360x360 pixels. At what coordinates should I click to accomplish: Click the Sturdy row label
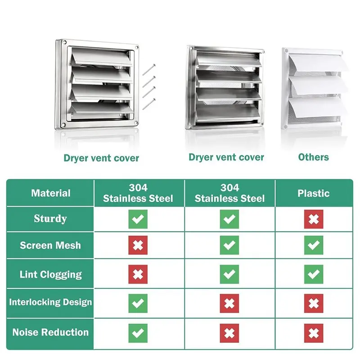[50, 218]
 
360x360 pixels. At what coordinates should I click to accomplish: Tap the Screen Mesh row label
[50, 245]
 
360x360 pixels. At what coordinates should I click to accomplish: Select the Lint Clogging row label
[50, 274]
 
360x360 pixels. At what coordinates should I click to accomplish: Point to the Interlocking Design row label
[50, 302]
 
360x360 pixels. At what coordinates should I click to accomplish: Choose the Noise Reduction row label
[50, 332]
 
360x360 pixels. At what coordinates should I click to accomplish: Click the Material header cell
[51, 193]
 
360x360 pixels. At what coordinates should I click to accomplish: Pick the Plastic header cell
[313, 193]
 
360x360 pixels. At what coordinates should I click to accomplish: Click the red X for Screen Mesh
[138, 245]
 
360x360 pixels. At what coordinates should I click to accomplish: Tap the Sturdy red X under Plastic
[314, 219]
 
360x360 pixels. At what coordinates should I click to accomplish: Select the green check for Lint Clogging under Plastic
[314, 274]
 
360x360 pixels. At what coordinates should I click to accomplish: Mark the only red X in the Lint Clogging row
[138, 274]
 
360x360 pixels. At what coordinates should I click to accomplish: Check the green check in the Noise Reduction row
[138, 333]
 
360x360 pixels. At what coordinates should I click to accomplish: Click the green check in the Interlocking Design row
[138, 303]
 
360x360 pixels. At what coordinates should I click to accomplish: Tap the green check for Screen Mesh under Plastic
[314, 245]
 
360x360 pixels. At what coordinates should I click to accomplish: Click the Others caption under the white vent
[313, 157]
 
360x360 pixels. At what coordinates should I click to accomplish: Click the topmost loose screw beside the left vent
[149, 70]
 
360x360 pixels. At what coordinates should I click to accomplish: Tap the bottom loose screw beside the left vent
[149, 104]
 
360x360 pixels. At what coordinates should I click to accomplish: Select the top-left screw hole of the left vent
[64, 42]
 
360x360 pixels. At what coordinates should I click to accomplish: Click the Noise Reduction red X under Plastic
[314, 333]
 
